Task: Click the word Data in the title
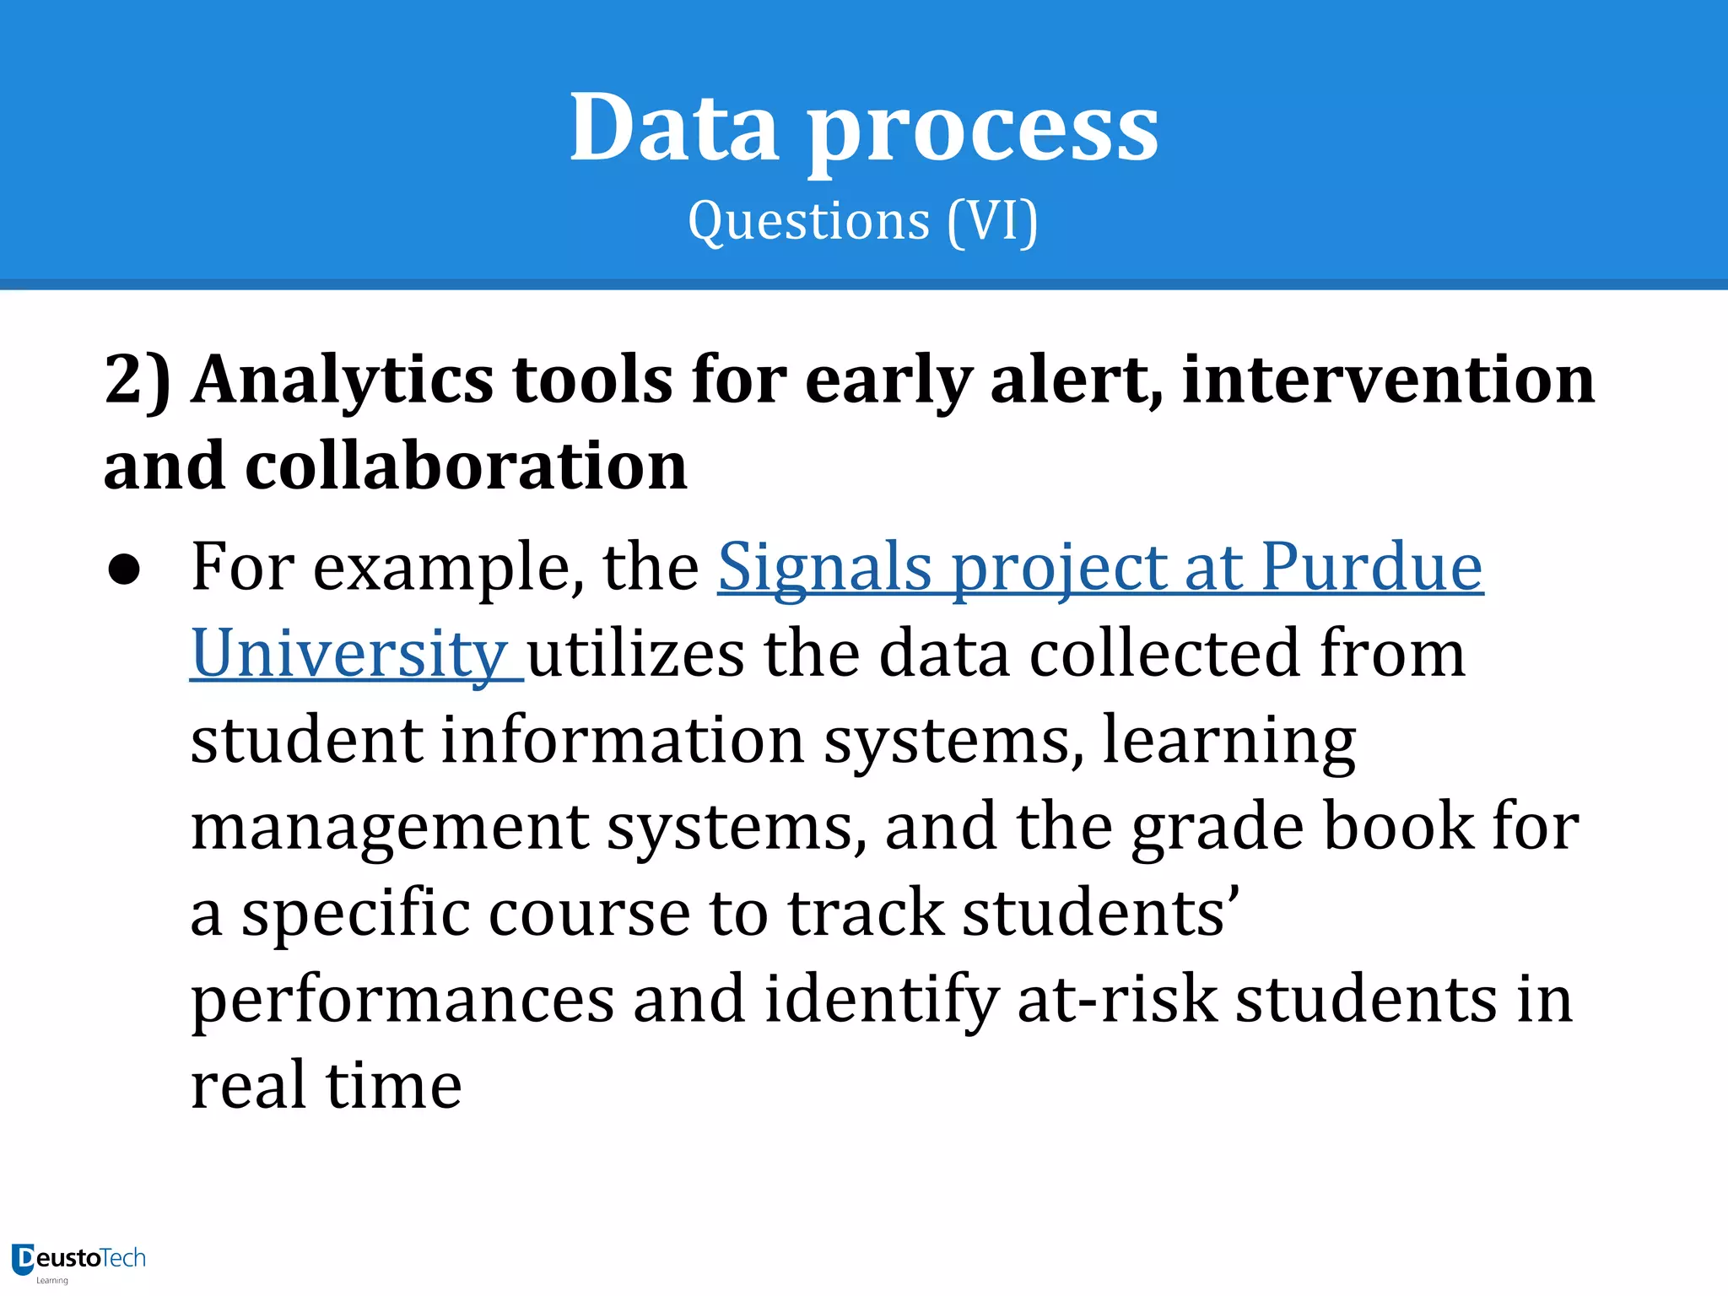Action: [673, 128]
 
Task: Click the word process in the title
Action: [983, 133]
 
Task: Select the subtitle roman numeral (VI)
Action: [992, 222]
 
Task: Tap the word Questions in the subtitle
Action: [808, 222]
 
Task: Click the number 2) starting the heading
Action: [138, 381]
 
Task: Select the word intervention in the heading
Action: [1389, 379]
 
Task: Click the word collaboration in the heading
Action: [466, 466]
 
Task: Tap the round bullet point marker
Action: [124, 570]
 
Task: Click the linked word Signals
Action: [824, 568]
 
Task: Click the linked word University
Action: [348, 654]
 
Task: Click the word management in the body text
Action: [390, 828]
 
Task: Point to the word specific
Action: [355, 915]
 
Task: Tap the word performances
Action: [402, 1001]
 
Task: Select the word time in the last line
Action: [393, 1086]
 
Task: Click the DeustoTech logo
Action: [79, 1261]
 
